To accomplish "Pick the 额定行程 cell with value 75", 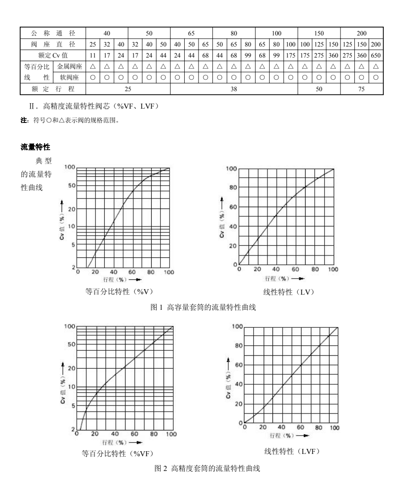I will click(x=362, y=89).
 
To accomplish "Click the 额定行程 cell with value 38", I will click(x=233, y=89).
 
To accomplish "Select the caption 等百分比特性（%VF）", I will click(x=116, y=453).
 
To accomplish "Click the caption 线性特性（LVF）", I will click(x=292, y=451).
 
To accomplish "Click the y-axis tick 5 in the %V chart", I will click(x=71, y=245).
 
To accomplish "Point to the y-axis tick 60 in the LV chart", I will click(x=234, y=207).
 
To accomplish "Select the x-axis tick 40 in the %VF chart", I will click(x=115, y=434).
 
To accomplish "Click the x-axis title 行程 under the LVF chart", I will click(x=276, y=435).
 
